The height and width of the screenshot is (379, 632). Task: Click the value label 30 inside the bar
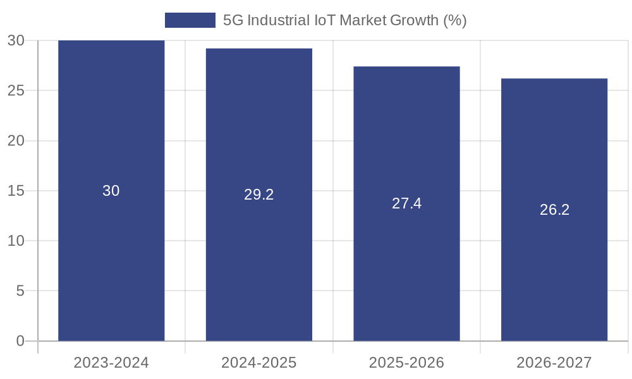coord(111,191)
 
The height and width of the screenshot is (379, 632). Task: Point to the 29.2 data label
coord(259,195)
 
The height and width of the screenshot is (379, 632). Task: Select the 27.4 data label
coord(406,203)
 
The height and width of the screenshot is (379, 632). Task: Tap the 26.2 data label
coord(554,210)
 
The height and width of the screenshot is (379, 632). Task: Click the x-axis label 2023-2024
coord(111,363)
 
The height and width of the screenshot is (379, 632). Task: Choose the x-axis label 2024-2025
coord(259,363)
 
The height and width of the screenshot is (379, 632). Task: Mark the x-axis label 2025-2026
coord(406,363)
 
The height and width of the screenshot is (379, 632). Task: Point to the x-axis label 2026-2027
coord(554,363)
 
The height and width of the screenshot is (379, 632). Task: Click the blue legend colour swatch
coord(190,20)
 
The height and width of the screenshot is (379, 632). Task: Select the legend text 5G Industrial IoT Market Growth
coord(344,20)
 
